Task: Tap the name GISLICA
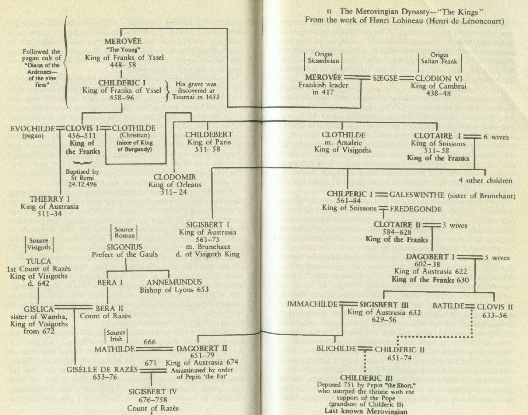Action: point(40,309)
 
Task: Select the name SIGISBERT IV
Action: point(153,392)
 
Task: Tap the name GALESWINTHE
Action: point(416,194)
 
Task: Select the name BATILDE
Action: point(448,306)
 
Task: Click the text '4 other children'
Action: point(485,180)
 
